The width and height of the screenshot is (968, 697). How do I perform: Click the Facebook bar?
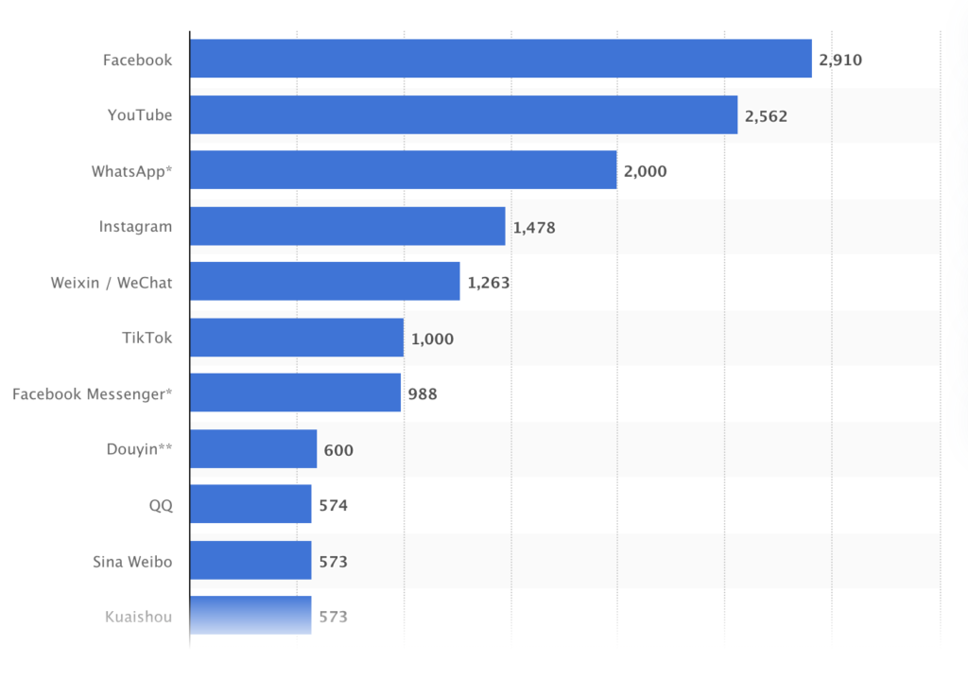(500, 59)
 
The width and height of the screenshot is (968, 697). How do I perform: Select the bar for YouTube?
(463, 114)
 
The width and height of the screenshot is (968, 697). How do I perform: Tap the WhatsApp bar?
(403, 170)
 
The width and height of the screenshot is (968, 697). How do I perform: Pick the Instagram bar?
(347, 226)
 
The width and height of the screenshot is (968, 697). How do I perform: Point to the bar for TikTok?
(296, 338)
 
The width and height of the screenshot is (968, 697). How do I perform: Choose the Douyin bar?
(252, 449)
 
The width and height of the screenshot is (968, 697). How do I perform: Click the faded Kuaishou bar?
(250, 616)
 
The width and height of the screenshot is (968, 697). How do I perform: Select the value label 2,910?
(840, 61)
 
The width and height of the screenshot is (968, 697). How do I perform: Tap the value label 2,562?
(766, 116)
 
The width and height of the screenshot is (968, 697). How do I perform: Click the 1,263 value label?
(489, 283)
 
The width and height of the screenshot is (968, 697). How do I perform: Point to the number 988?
(423, 394)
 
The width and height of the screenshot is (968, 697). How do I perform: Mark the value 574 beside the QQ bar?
(333, 506)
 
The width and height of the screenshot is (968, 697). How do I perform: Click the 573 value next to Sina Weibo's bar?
(333, 562)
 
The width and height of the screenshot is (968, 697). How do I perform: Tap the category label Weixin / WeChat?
(112, 282)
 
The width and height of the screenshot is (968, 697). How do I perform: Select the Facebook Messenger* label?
(93, 393)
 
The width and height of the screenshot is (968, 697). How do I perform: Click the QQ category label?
(161, 506)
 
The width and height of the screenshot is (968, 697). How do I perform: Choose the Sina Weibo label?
(132, 561)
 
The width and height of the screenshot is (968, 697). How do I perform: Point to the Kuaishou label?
(138, 617)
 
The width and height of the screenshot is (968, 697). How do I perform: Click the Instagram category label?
(135, 226)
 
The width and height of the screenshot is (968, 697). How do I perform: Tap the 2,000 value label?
(645, 172)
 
